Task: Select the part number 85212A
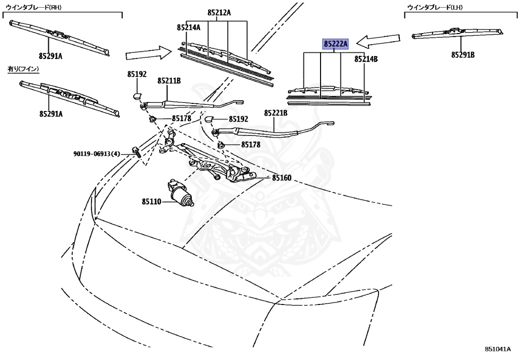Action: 219,12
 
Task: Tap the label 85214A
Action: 189,27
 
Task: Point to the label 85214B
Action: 366,60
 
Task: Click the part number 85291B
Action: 462,55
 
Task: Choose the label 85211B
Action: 169,81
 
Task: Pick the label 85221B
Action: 276,113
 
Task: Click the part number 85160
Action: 281,178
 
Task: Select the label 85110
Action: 152,202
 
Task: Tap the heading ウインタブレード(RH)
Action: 31,7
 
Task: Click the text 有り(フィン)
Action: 23,68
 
